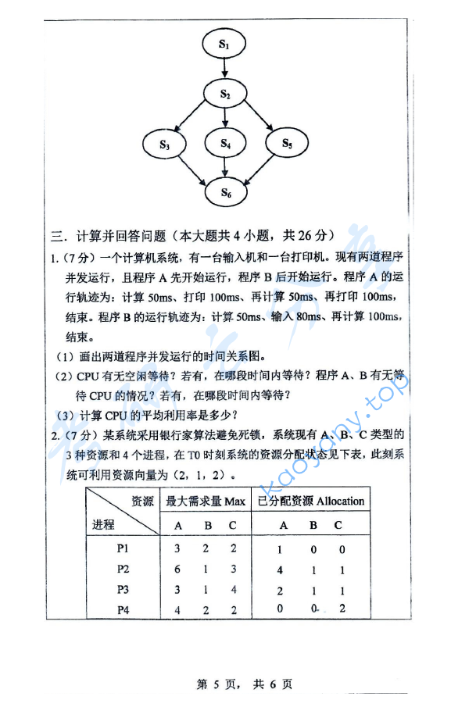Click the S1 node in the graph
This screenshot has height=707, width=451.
[x=224, y=45]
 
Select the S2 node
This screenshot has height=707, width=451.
[x=224, y=95]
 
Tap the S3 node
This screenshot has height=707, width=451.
[x=164, y=144]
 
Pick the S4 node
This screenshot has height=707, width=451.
[x=225, y=144]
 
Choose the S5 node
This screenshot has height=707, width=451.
[x=286, y=143]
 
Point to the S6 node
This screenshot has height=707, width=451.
[x=225, y=191]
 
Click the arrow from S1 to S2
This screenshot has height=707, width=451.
[x=224, y=70]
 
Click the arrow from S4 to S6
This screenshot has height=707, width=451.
[x=225, y=168]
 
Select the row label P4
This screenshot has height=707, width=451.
[x=122, y=609]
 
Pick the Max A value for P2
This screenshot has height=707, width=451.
[x=178, y=569]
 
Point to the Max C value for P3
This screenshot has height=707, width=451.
[x=232, y=589]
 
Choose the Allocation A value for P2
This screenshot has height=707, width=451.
[x=280, y=570]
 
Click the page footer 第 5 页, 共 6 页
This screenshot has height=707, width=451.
[x=244, y=684]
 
